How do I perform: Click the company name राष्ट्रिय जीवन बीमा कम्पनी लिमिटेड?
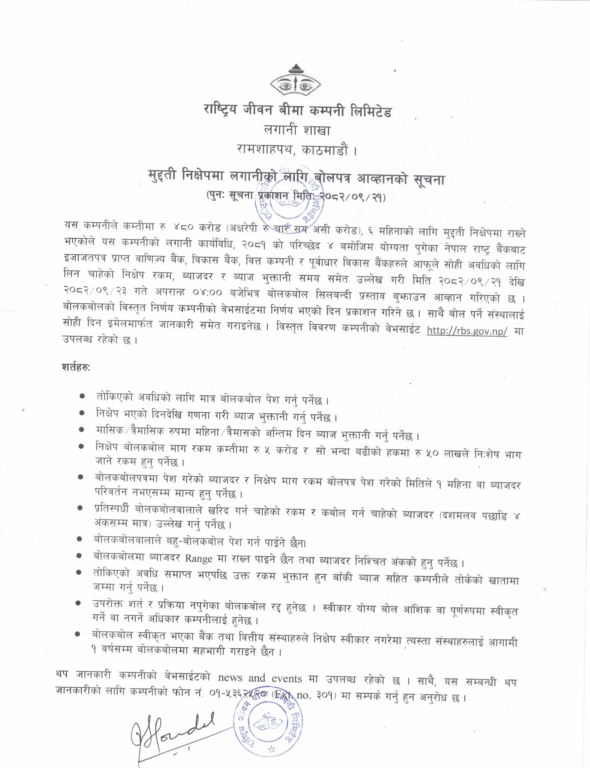click(x=297, y=111)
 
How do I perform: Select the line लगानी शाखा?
click(x=297, y=131)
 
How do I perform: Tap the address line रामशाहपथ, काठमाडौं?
click(x=297, y=151)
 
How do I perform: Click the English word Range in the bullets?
click(x=198, y=558)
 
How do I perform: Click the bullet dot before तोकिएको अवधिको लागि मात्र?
click(x=83, y=396)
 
